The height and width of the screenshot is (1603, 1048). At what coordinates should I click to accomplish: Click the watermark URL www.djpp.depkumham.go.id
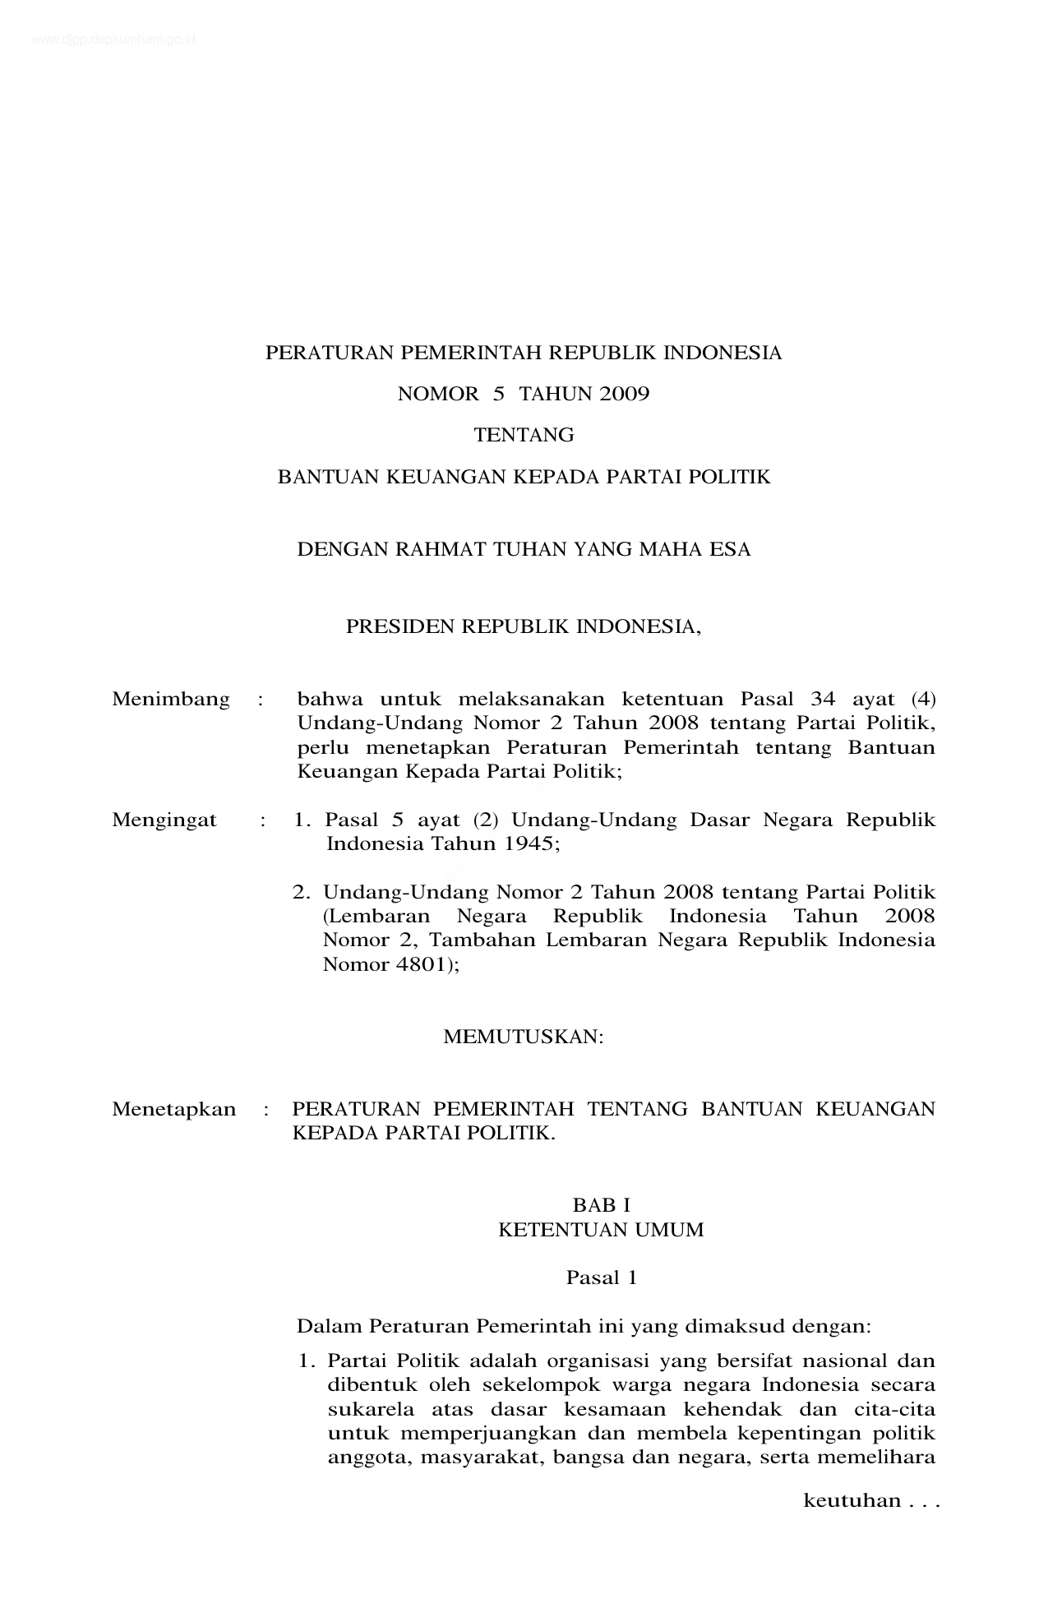click(x=113, y=39)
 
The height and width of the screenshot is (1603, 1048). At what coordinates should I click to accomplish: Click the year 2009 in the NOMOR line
click(x=624, y=395)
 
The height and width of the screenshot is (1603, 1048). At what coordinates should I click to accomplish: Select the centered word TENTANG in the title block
click(x=524, y=436)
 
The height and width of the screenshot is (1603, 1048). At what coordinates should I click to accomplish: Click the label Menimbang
click(x=171, y=700)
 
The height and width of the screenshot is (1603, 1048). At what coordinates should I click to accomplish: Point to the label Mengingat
click(x=164, y=820)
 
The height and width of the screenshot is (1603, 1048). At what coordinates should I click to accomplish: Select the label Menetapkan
click(x=173, y=1109)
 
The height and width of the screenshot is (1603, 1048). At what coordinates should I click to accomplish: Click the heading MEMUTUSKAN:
click(x=524, y=1037)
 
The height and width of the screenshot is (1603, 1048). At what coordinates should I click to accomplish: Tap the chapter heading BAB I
click(x=601, y=1205)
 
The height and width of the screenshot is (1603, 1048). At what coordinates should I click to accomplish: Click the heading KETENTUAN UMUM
click(x=601, y=1230)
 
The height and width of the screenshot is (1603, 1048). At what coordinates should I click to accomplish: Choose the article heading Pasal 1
click(x=601, y=1277)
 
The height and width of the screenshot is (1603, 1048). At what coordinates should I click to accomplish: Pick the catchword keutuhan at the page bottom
click(x=852, y=1501)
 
